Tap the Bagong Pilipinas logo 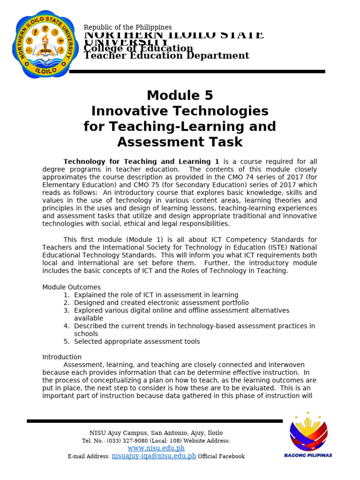[308, 435]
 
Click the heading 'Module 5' [180, 96]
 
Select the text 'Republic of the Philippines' [127, 28]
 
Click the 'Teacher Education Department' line [166, 56]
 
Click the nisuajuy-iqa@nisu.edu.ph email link [154, 456]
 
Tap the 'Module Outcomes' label [71, 287]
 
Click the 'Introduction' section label [62, 357]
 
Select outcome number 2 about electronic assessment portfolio [161, 303]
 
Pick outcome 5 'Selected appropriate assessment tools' [137, 341]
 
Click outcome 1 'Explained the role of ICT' [156, 295]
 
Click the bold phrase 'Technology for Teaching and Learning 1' [141, 162]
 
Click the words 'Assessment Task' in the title [180, 142]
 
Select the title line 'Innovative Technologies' [180, 111]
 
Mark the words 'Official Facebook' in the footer [221, 456]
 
